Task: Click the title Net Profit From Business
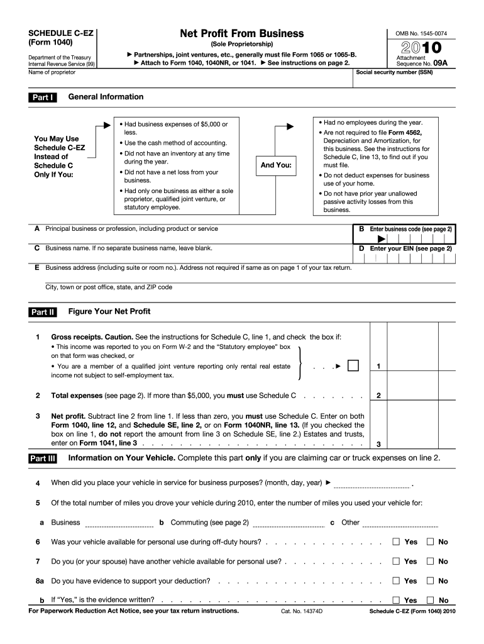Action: coord(241,33)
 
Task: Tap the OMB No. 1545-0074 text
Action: coord(421,33)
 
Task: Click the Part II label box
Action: coord(43,312)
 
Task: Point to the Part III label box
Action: coord(43,458)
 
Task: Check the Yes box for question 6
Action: coord(396,541)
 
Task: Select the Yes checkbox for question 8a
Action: coord(396,580)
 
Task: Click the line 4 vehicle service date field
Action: coord(372,484)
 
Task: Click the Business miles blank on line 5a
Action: coord(119,523)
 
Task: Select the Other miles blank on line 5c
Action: coord(400,523)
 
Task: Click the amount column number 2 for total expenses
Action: coord(378,396)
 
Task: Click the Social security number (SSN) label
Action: coord(394,72)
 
